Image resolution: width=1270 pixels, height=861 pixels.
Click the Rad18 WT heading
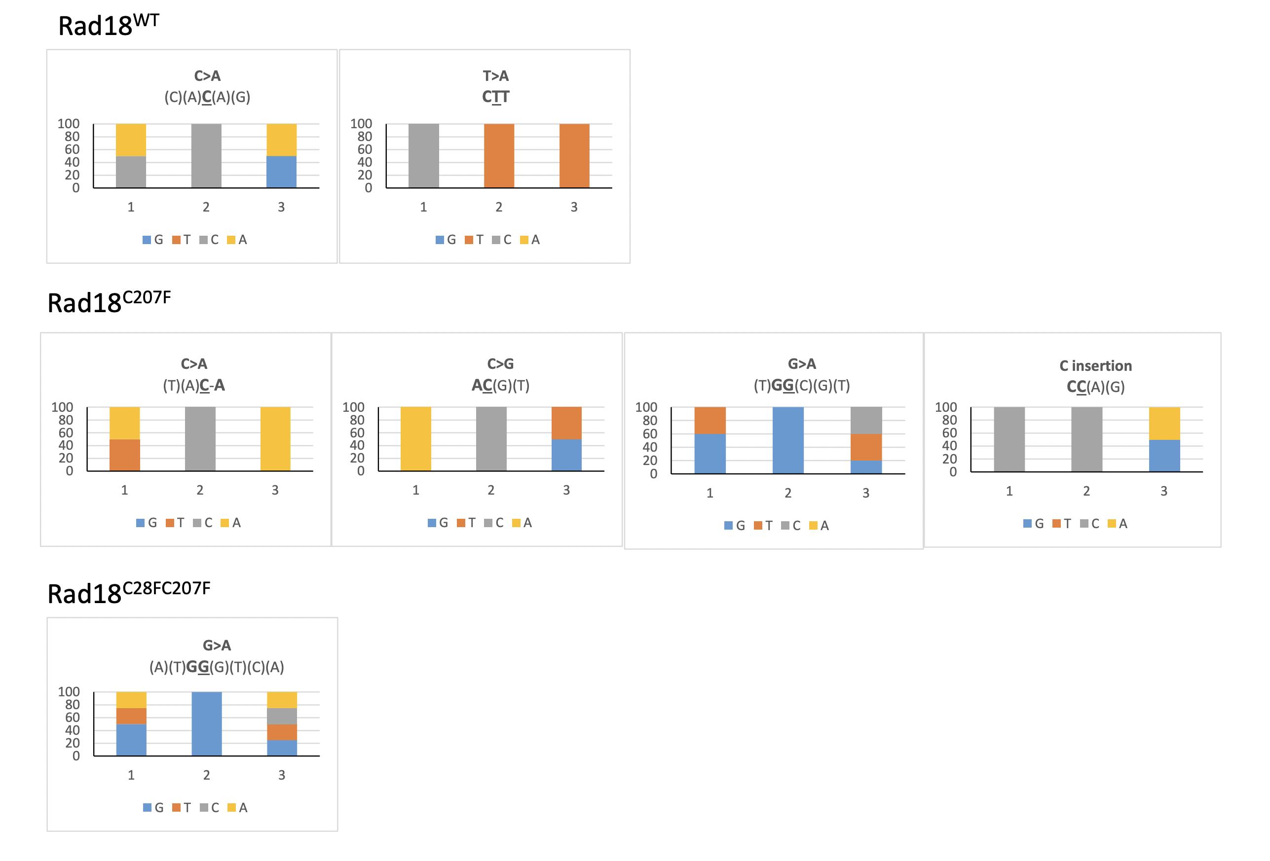pos(108,26)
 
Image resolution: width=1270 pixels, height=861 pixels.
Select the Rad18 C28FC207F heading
pos(128,593)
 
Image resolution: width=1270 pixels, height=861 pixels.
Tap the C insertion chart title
pos(1095,365)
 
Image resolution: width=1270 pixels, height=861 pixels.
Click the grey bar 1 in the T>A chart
pos(423,156)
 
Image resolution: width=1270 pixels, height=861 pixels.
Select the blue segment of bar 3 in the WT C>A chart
pos(281,172)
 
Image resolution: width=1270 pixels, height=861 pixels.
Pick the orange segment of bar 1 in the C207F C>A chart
pos(125,455)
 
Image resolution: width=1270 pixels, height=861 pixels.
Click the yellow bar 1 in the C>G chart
pos(415,439)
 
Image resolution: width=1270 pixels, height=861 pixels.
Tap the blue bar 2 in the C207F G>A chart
pos(787,440)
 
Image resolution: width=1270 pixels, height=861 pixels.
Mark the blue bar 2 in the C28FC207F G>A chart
pos(207,723)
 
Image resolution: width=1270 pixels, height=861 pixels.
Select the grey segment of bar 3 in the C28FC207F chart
pos(282,716)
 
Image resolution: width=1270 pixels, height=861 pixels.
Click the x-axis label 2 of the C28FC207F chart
pos(207,775)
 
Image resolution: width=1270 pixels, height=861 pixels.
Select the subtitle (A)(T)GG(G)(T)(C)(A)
pos(217,667)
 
